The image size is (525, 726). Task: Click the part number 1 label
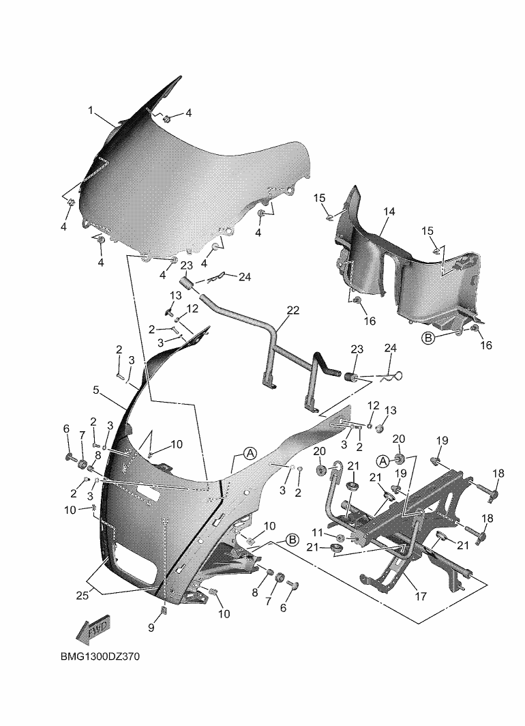pos(91,111)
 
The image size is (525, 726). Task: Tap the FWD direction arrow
pos(93,630)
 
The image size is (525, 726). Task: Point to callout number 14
pos(389,211)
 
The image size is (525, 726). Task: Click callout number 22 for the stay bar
pos(293,310)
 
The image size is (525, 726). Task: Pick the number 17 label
pos(421,597)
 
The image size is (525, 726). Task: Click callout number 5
pos(95,390)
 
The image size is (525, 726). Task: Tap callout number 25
pos(82,596)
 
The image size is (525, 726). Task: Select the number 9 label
pos(151,628)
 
